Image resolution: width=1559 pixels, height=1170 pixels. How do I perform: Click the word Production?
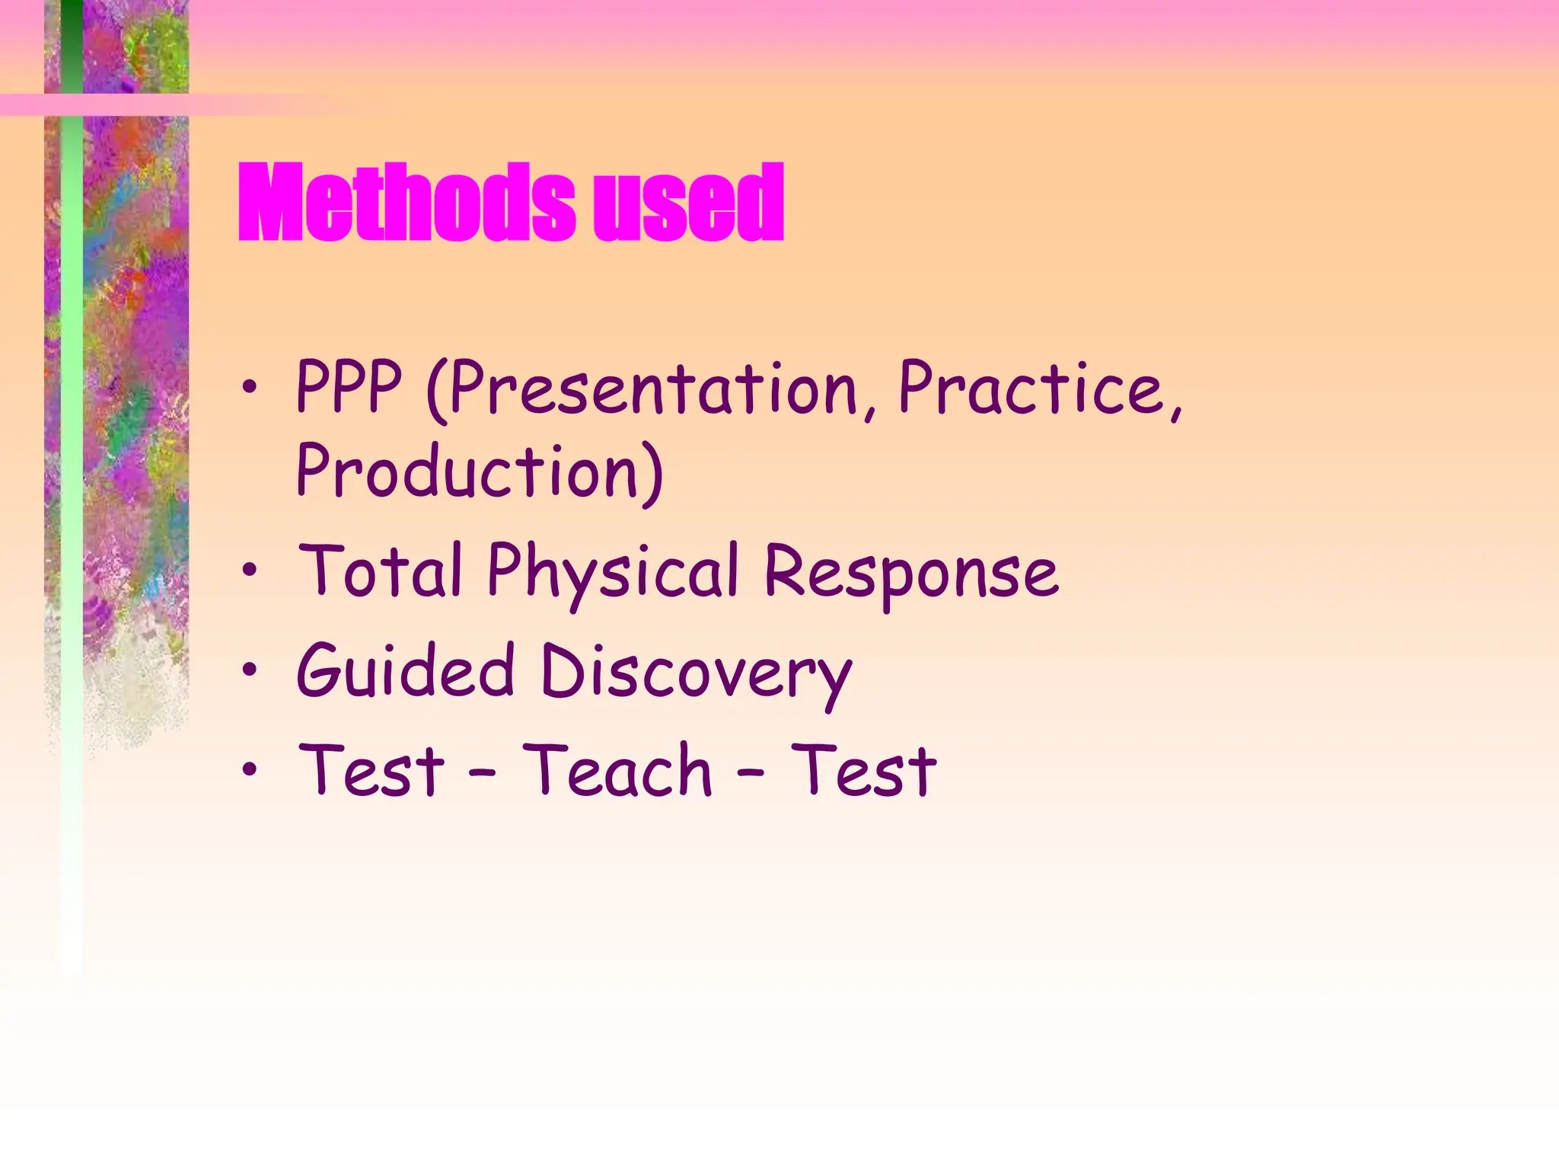467,472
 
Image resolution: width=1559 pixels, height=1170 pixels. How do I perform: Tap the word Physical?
613,573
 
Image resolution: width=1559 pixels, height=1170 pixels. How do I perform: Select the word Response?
910,573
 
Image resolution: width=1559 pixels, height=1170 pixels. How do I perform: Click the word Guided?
406,670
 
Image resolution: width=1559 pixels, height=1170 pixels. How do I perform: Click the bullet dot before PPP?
250,388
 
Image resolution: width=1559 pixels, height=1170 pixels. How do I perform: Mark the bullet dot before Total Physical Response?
250,571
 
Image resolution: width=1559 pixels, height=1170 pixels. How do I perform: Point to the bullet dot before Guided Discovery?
250,670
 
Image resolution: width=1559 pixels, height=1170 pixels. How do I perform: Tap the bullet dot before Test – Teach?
250,769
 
